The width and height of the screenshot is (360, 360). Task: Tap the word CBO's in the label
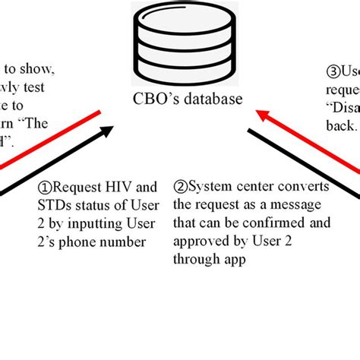pyautogui.click(x=148, y=99)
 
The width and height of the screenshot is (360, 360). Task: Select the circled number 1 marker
pyautogui.click(x=45, y=186)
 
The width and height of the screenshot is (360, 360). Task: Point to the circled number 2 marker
pyautogui.click(x=181, y=186)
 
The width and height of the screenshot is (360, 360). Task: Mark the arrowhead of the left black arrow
pyautogui.click(x=108, y=131)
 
